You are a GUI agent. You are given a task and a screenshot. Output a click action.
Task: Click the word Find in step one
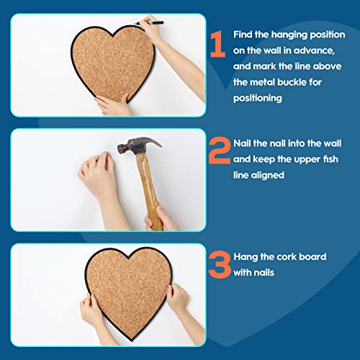click(x=244, y=35)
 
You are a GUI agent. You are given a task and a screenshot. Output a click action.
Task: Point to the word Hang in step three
click(x=245, y=257)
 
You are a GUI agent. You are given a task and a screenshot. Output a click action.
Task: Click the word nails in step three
click(x=268, y=273)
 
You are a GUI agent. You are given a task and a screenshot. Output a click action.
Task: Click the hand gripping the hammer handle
click(x=161, y=217)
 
